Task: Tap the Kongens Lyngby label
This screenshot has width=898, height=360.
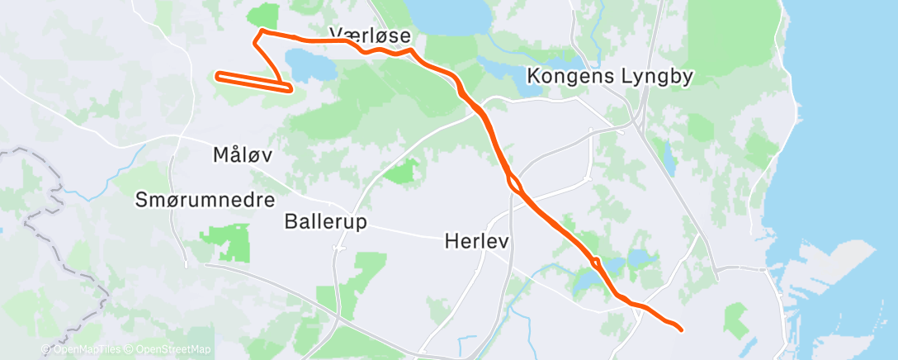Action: pos(610,77)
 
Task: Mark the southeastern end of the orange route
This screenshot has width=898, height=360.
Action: pos(681,329)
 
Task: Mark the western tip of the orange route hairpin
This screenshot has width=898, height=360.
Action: pos(218,76)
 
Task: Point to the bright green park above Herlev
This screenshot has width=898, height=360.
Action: pos(401,172)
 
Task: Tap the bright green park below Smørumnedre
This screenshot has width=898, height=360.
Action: pos(225,242)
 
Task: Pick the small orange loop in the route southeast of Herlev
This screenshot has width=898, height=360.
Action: pos(594,263)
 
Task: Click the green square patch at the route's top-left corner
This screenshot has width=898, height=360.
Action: pos(263,16)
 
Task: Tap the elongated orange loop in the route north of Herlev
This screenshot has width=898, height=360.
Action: pos(513,182)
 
